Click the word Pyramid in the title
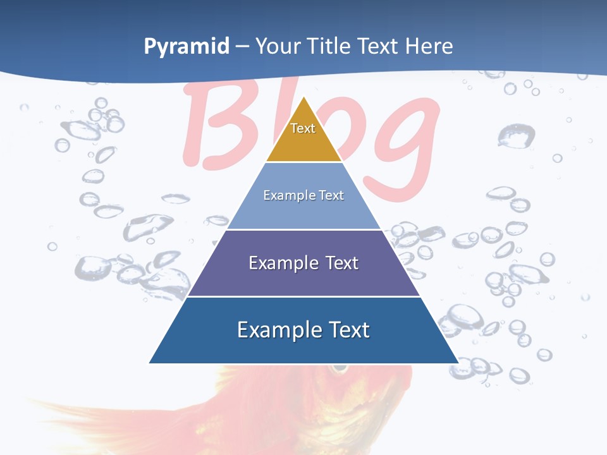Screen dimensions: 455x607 (187, 46)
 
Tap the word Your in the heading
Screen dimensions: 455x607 (278, 46)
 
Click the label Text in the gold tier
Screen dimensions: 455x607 (303, 128)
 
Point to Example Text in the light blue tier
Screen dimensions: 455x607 (303, 195)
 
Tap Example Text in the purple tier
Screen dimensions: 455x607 (303, 263)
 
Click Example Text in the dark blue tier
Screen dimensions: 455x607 (303, 330)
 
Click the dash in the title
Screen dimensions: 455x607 (242, 47)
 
